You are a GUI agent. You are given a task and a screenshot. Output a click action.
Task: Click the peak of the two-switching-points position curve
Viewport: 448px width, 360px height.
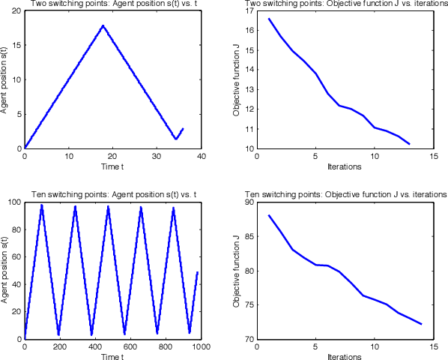pos(103,26)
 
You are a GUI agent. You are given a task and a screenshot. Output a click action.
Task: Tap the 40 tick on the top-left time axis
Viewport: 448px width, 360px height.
pos(200,157)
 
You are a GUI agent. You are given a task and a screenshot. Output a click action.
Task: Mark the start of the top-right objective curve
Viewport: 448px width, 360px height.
pos(268,19)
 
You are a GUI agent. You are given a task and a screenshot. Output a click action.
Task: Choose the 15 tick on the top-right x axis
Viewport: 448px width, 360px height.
pos(432,157)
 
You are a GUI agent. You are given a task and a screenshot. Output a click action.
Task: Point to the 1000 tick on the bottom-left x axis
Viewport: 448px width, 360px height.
pos(200,347)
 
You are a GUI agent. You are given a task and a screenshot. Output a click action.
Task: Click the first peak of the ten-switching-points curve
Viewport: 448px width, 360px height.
pos(42,205)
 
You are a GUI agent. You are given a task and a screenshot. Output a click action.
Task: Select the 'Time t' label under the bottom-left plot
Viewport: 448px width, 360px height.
pos(112,356)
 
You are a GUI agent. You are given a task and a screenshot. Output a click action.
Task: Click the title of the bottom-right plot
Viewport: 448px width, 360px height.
pos(345,193)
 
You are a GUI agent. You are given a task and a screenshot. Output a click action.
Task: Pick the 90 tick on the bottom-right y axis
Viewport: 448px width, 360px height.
pos(249,202)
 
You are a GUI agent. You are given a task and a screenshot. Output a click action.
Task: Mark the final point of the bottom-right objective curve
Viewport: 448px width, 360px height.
pos(421,324)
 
